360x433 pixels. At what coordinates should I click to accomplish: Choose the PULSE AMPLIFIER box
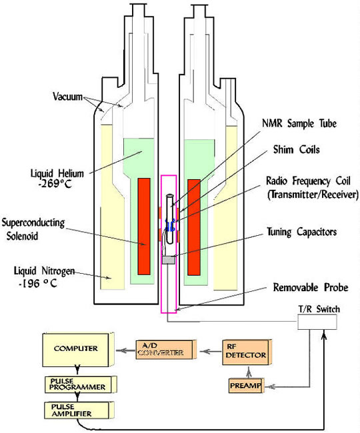(x=77, y=410)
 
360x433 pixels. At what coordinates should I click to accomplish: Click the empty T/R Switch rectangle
(x=317, y=322)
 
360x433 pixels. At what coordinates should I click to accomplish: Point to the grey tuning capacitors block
(x=169, y=260)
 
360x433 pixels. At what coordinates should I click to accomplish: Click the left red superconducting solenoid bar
(x=144, y=226)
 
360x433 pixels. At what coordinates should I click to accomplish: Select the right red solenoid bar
(x=194, y=227)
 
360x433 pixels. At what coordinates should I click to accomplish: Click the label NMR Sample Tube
(x=299, y=123)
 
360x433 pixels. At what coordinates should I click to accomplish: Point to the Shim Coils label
(x=297, y=149)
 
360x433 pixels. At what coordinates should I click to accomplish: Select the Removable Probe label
(x=311, y=287)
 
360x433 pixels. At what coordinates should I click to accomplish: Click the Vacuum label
(x=68, y=97)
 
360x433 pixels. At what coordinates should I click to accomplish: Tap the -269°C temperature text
(x=55, y=184)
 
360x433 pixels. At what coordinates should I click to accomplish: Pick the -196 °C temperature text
(x=38, y=283)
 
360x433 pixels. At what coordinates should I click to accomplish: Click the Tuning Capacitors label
(x=302, y=232)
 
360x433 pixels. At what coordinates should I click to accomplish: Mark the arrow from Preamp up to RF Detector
(x=249, y=372)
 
